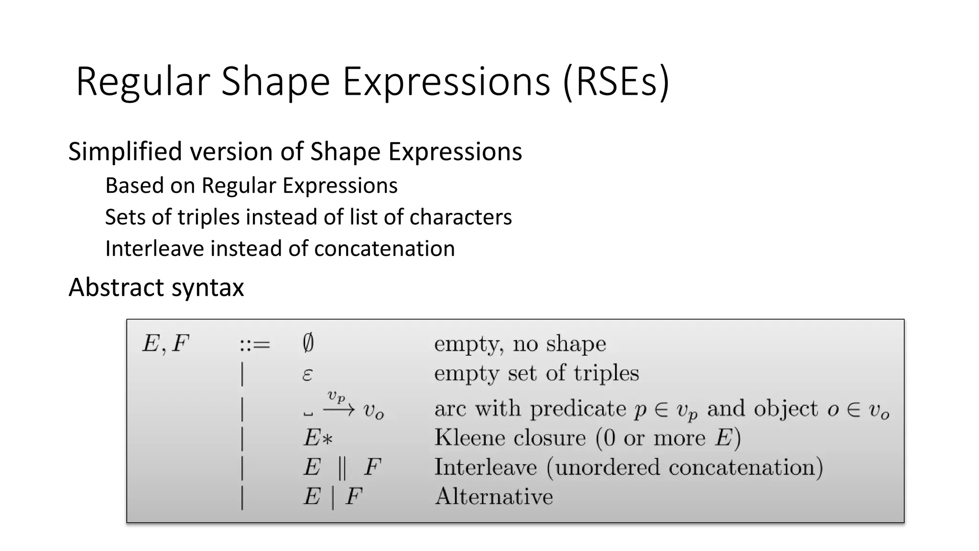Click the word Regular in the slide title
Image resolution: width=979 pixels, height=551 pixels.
(142, 82)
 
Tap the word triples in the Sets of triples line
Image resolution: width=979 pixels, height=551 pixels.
(208, 217)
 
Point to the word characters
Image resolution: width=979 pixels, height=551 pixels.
(460, 217)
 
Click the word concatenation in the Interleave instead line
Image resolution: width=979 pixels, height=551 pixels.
(384, 249)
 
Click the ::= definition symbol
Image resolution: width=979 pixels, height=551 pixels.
(255, 344)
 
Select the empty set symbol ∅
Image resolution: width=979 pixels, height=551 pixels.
(308, 343)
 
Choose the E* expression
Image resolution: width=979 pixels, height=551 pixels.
(318, 438)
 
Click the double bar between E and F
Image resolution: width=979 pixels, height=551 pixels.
(341, 467)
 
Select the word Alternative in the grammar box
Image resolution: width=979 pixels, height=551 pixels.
(494, 496)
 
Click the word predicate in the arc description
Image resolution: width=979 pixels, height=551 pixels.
(577, 409)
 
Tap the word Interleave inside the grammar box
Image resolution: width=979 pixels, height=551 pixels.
(485, 467)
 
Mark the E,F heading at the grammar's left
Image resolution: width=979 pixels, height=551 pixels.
(165, 344)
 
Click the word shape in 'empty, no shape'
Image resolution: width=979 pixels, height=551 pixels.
(576, 344)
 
